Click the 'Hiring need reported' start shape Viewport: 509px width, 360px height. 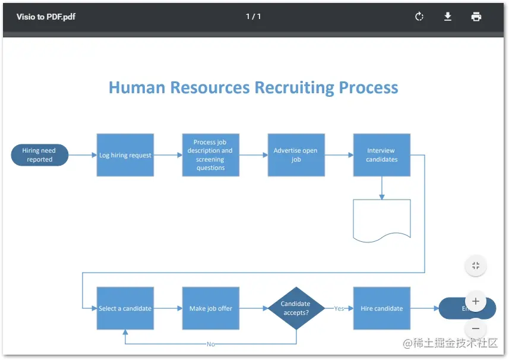40,155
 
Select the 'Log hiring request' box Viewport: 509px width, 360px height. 125,155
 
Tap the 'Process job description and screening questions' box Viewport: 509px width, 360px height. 211,155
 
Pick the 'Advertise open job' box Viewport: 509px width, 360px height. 296,155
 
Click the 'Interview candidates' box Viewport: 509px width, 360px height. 381,155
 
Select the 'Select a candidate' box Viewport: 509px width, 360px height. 125,308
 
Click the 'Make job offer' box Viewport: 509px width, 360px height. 211,308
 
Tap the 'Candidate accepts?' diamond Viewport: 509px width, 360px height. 296,308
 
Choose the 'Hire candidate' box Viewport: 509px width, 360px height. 381,308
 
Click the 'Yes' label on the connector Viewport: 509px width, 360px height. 339,308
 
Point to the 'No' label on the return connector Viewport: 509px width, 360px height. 211,344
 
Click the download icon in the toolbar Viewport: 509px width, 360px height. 448,17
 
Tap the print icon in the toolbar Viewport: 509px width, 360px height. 476,17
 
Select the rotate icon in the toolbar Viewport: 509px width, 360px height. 419,17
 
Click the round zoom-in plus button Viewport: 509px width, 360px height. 476,301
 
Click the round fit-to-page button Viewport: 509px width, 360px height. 476,266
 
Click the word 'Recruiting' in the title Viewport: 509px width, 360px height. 295,88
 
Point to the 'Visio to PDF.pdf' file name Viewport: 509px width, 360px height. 46,17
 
